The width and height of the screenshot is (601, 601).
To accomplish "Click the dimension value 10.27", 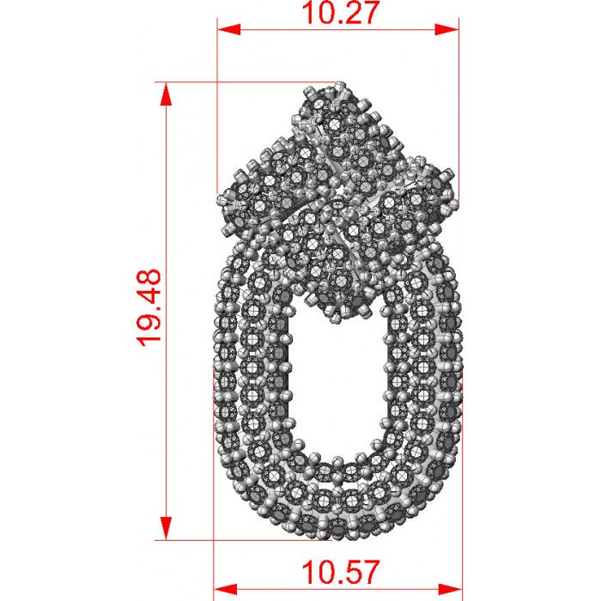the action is [x=341, y=12].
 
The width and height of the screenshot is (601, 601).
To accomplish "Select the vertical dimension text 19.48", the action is [x=149, y=307].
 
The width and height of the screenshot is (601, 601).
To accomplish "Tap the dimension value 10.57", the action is [x=341, y=572].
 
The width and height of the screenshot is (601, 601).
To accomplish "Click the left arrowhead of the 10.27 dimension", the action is [x=229, y=29].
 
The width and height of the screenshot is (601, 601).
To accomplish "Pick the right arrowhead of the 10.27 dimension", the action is [x=446, y=29].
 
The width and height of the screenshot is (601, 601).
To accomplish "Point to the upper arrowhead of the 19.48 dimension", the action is [x=166, y=94].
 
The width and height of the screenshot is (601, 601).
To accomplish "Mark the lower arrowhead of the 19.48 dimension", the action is [x=166, y=528].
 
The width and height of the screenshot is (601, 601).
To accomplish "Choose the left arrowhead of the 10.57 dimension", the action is [x=225, y=590].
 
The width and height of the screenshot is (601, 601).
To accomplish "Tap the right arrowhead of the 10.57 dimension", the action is [x=451, y=590].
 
